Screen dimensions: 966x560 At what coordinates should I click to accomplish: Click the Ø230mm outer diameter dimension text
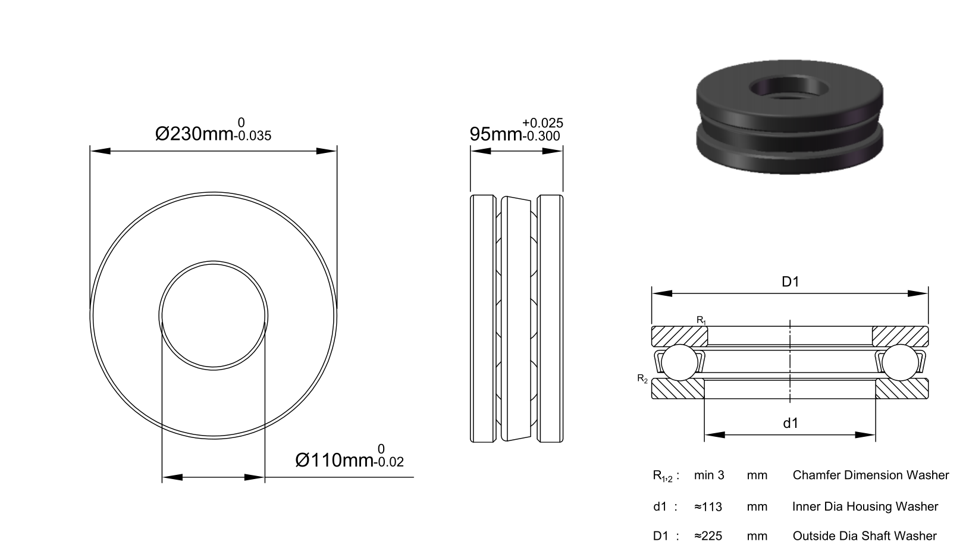(194, 134)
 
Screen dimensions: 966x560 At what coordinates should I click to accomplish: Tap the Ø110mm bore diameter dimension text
(334, 461)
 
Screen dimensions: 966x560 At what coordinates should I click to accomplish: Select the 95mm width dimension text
(495, 134)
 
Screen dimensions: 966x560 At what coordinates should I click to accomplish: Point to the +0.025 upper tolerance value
(542, 123)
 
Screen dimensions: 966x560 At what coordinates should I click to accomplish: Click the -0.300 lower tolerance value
(541, 136)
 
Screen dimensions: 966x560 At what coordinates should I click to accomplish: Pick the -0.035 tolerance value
(253, 136)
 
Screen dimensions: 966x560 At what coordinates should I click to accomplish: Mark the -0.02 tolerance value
(388, 462)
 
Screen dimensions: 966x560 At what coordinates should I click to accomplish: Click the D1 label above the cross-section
(791, 281)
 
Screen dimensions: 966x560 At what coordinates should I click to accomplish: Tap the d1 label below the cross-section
(791, 423)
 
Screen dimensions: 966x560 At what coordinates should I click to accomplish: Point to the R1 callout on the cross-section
(701, 320)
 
